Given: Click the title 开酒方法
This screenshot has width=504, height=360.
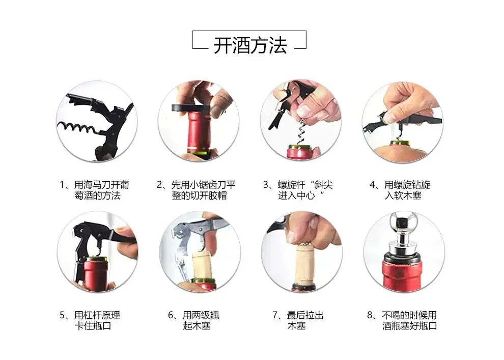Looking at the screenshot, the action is click(x=250, y=45).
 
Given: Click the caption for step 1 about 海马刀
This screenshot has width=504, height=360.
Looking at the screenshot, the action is click(x=95, y=190).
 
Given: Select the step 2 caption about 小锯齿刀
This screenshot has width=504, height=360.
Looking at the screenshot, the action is click(x=197, y=190).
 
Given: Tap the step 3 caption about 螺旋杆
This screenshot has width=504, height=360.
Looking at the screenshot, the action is click(x=298, y=190).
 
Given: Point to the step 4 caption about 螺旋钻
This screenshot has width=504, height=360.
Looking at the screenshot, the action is click(x=400, y=190).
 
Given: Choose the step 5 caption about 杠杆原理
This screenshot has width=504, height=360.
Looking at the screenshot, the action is click(x=90, y=320).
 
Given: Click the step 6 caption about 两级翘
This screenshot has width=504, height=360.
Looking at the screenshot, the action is click(x=194, y=320).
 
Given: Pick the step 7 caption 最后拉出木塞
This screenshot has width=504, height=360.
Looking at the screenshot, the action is click(x=298, y=320).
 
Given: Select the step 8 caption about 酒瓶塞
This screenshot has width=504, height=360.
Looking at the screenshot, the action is click(x=402, y=320).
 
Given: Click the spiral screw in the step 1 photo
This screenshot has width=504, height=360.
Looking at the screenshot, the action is click(x=77, y=128).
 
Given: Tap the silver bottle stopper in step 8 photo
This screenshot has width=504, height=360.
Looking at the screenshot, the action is click(x=403, y=235).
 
